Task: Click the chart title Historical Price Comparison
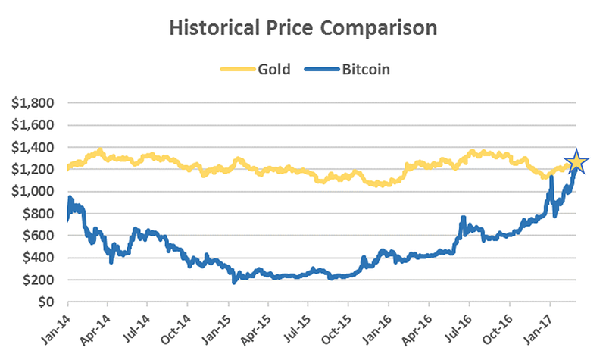[x=303, y=29]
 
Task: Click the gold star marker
[x=576, y=161]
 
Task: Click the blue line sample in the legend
[x=321, y=70]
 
